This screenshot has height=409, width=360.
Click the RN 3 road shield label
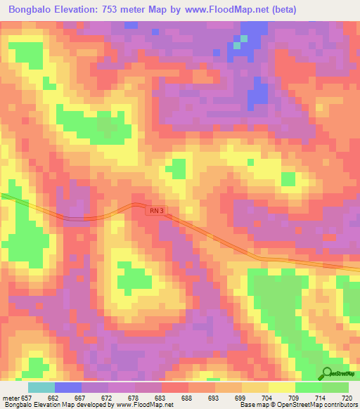156,210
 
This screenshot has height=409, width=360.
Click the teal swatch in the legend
41,387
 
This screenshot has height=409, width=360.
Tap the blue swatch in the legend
68,387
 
